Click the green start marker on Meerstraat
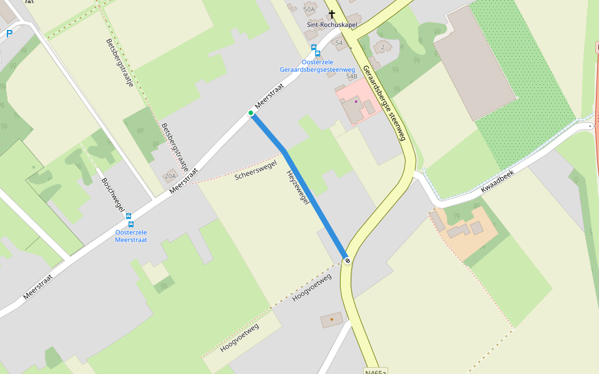[x=251, y=113]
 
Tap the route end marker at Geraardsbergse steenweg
[x=347, y=261]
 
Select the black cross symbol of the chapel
[x=331, y=13]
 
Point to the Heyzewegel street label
[x=298, y=187]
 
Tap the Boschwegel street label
[x=113, y=194]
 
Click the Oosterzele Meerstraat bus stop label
[x=131, y=236]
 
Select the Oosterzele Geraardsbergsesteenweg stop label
[x=318, y=65]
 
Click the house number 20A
[x=170, y=176]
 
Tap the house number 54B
[x=351, y=77]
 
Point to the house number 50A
[x=309, y=9]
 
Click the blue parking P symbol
[x=9, y=34]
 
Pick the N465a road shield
[x=376, y=371]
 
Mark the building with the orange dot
[x=331, y=320]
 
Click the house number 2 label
[x=382, y=47]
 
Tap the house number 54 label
[x=339, y=43]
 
